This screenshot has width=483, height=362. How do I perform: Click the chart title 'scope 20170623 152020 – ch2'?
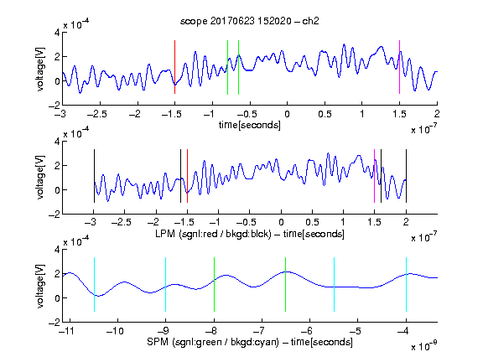250,21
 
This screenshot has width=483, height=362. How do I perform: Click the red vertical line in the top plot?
174,67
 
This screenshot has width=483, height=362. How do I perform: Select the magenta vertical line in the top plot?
399,67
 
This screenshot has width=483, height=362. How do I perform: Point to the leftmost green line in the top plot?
227,67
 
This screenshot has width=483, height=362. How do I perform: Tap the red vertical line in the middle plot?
187,176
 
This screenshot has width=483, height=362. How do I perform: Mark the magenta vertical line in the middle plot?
374,176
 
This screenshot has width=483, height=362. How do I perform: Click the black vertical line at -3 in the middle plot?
94,176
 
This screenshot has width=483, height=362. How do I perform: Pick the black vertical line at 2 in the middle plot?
406,176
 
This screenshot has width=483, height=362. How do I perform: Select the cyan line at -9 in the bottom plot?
165,284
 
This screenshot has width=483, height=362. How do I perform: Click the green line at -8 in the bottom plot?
214,284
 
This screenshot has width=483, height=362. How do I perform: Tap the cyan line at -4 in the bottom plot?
406,284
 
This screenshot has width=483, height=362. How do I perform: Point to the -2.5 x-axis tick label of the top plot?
97,114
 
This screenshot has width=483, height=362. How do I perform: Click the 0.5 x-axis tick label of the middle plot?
312,222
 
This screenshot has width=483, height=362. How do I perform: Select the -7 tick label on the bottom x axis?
261,331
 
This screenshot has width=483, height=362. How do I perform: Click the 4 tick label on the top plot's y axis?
57,33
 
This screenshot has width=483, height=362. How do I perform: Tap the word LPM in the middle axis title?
165,234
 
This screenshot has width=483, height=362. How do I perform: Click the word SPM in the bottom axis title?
158,342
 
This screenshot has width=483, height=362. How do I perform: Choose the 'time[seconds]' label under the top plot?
250,125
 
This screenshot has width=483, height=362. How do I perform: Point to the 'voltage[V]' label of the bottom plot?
40,286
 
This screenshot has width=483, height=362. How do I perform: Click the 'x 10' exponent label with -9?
424,346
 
